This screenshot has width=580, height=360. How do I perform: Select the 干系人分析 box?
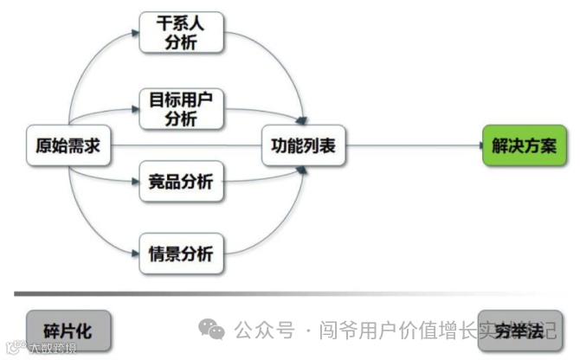pos(182,33)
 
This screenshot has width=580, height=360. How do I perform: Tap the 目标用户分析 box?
pos(182,109)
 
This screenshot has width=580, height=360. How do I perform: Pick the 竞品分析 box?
pos(182,182)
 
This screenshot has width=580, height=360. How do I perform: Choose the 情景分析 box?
pos(182,254)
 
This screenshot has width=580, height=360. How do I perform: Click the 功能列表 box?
pos(303,146)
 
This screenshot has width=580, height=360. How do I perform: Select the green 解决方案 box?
pos(524,146)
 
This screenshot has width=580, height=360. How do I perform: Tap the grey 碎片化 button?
pos(68,331)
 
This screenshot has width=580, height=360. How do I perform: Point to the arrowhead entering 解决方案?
pos(476,146)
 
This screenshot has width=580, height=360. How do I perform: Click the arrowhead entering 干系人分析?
pos(136,33)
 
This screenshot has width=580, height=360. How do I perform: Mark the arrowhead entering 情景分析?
pos(136,254)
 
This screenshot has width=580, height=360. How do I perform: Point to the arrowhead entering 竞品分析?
pos(136,182)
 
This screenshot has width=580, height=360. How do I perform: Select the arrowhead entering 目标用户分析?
pos(136,109)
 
